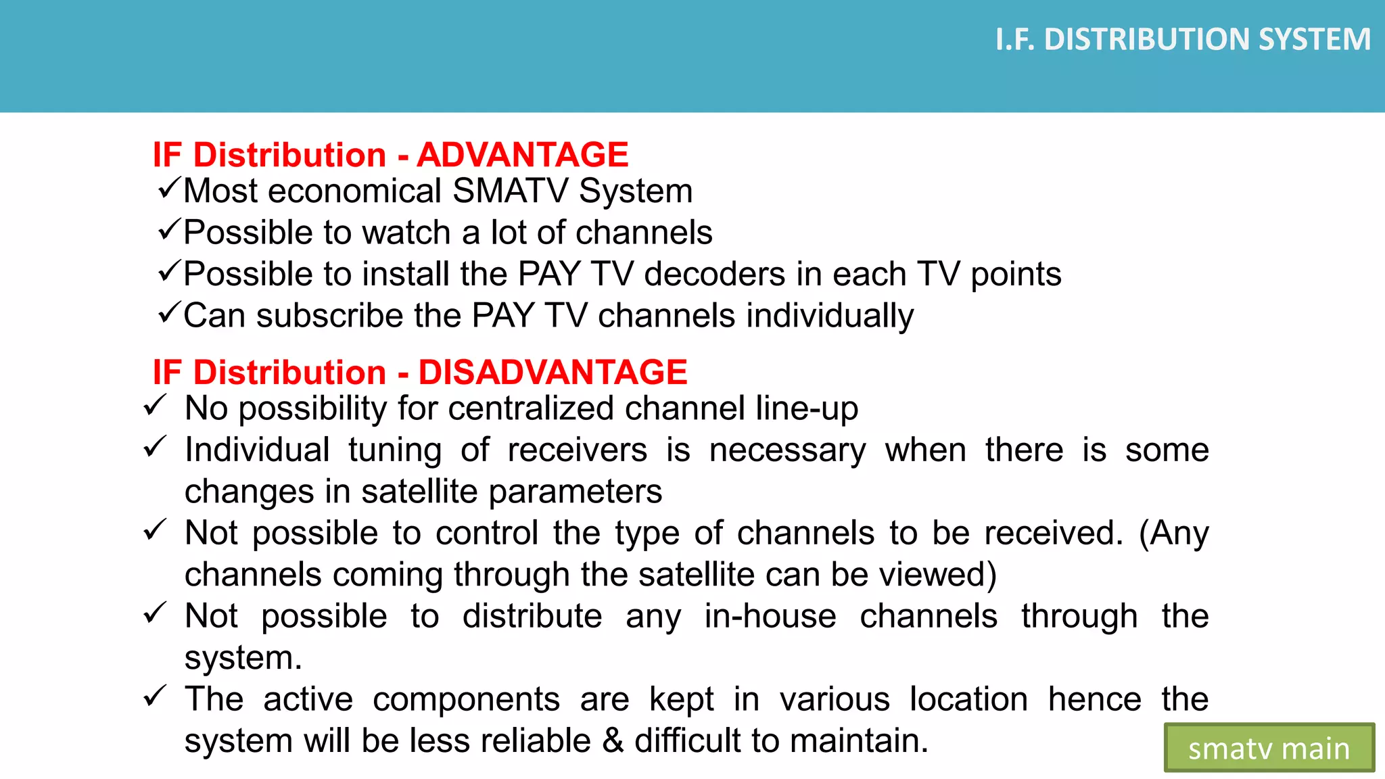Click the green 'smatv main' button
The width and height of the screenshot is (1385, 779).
[x=1269, y=748]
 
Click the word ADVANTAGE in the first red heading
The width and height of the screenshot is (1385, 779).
[x=522, y=155]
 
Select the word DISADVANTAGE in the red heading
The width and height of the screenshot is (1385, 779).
[x=553, y=373]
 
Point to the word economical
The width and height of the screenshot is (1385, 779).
[x=354, y=191]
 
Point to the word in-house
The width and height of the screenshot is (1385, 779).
[x=770, y=617]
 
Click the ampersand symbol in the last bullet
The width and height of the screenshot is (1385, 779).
[x=613, y=741]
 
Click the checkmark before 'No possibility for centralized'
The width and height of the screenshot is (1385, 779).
[x=155, y=406]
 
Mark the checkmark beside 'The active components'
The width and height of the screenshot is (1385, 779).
[x=155, y=696]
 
